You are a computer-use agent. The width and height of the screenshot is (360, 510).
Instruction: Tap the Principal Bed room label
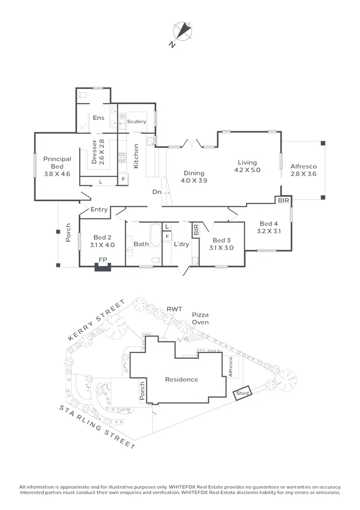point(57,163)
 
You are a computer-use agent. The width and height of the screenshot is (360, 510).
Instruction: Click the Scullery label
point(137,122)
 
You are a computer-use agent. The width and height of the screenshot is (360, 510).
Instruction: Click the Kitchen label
point(137,156)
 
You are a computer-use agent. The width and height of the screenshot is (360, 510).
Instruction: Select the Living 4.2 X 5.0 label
point(247,166)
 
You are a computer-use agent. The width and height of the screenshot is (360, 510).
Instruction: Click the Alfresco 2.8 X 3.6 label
point(303,171)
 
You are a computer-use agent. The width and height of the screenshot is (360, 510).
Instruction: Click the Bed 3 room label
point(221,244)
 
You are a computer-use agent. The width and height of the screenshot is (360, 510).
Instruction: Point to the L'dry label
point(181,244)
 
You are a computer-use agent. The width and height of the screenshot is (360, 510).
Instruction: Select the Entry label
point(99,209)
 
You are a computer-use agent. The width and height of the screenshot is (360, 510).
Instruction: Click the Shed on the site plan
point(242,394)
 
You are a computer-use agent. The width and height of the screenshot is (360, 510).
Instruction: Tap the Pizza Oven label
point(200,318)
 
